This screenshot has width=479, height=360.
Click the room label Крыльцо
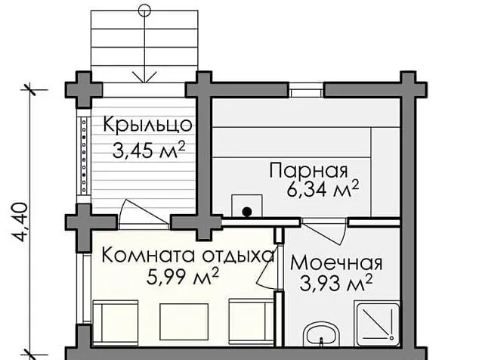point(148,125)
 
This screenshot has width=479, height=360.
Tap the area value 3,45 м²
point(149,150)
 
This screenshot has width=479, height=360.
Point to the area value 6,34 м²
point(323,190)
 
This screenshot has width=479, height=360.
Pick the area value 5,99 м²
point(183,276)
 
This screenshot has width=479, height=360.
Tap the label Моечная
point(336,263)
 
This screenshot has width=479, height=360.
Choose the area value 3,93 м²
point(336,283)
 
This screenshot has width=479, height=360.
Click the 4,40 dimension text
point(20,222)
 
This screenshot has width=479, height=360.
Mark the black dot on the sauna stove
point(247,211)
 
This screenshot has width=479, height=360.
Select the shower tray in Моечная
point(377,324)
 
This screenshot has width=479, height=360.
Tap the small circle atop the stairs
point(144,11)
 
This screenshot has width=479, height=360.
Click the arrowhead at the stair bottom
point(144,77)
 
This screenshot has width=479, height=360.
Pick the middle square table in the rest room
point(184,321)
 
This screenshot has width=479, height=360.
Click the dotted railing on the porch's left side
point(84,156)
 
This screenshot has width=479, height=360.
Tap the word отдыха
point(239,256)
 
